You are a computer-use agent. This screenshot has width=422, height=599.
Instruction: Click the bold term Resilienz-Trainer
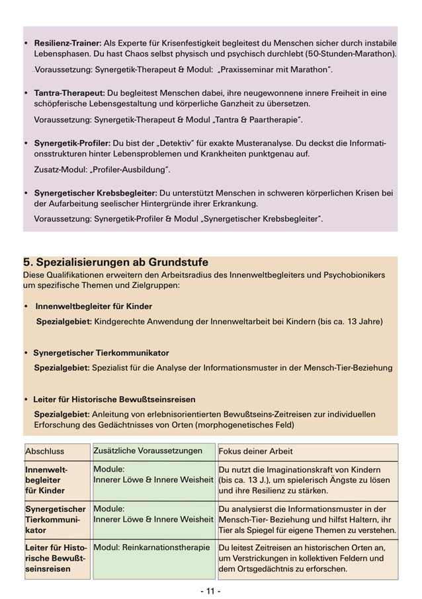(65, 42)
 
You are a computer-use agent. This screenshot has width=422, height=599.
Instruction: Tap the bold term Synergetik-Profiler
(71, 143)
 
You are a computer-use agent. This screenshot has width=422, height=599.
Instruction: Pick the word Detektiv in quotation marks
(198, 143)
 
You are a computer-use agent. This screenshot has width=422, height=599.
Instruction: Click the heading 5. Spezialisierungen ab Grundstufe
(116, 262)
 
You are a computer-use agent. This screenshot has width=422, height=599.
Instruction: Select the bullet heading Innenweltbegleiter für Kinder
(93, 306)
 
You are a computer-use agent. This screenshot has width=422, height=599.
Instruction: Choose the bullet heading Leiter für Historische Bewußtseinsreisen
(114, 400)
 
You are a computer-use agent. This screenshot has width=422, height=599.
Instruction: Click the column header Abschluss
(44, 452)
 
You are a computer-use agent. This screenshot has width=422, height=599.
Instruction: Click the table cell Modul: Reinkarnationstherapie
(152, 547)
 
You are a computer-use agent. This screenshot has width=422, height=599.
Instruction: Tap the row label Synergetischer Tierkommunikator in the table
(56, 520)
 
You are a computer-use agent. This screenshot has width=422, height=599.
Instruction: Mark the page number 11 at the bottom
(210, 590)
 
